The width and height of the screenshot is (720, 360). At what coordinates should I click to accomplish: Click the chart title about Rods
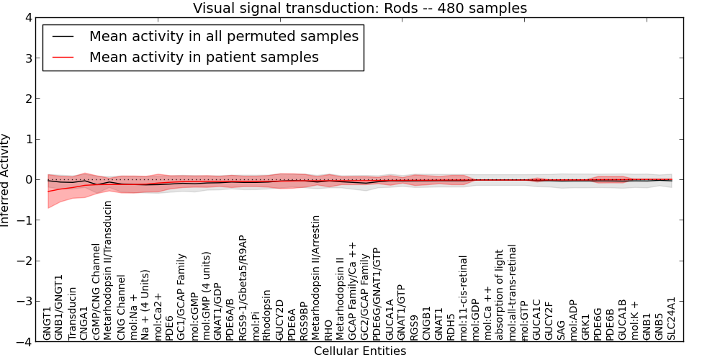tap(359, 8)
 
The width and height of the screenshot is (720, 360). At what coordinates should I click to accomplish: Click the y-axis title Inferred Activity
tap(6, 179)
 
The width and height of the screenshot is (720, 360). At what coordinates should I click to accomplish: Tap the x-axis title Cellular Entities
tap(359, 351)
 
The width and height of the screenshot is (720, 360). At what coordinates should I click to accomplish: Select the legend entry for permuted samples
tap(223, 36)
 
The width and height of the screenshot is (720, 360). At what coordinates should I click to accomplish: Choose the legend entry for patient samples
tap(204, 57)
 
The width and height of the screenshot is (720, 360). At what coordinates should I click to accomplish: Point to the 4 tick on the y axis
tap(27, 17)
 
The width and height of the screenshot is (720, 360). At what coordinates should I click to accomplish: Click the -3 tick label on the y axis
tap(24, 301)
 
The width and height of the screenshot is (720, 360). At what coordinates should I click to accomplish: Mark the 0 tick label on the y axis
tap(27, 179)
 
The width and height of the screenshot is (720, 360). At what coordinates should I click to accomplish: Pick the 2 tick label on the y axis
tap(27, 99)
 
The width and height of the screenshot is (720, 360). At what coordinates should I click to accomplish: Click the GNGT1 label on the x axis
tap(48, 323)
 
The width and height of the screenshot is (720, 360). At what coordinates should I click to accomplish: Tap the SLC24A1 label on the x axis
tap(672, 318)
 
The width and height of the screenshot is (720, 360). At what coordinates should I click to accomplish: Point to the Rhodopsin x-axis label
tap(267, 315)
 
